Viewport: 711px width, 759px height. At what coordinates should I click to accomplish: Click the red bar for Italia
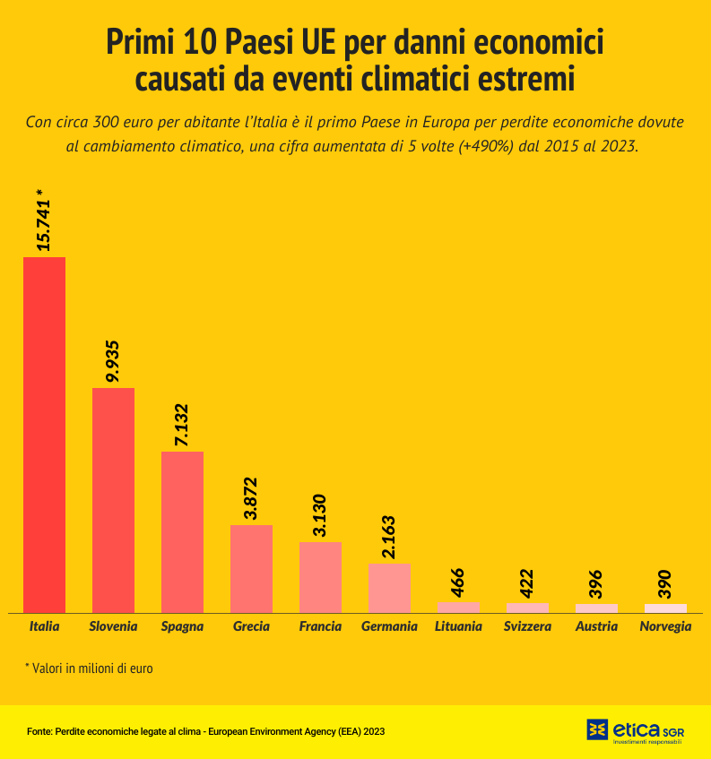pos(44,435)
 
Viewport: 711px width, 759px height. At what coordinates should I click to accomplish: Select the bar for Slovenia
pos(113,500)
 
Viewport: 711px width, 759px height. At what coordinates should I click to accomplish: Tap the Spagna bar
pos(182,531)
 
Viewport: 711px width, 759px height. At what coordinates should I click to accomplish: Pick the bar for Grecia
pos(251,568)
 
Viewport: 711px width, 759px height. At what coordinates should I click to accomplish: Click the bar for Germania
pos(389,588)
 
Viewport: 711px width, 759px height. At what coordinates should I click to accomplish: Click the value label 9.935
pos(113,361)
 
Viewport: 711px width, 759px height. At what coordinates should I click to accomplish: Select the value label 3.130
pos(320,515)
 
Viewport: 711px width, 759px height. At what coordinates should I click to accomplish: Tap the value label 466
pos(458,582)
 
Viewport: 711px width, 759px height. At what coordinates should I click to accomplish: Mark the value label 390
pos(665,583)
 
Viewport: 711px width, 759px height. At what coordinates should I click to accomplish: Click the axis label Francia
pos(320,626)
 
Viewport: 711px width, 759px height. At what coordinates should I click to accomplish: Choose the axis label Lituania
pos(458,626)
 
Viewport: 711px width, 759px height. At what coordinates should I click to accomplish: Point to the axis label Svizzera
pos(527,626)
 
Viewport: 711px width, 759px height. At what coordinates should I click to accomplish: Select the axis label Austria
pos(596,626)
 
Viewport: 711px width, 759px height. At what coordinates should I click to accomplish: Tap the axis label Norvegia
pos(665,626)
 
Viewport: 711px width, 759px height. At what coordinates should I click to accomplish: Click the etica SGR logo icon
pos(597,729)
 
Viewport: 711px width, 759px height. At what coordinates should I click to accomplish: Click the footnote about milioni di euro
pos(89,668)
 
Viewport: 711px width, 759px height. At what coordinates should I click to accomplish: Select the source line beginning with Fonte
pos(205,731)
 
